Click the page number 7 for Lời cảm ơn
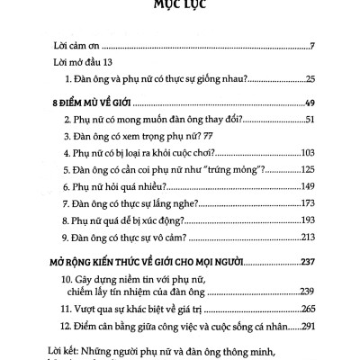pyautogui.click(x=310, y=45)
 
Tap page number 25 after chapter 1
pyautogui.click(x=307, y=79)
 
